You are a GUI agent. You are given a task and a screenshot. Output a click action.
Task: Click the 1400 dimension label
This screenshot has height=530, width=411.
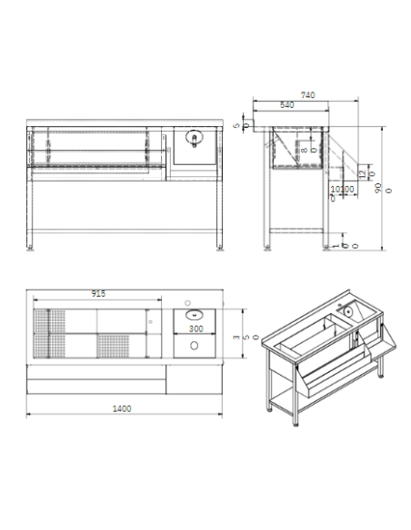click(122, 408)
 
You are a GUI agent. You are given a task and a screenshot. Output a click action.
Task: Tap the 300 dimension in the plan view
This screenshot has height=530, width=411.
click(195, 329)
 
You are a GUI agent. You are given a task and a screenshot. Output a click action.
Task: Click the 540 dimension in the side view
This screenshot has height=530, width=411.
click(286, 105)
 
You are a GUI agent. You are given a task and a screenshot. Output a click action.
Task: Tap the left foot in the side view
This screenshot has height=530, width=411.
click(265, 245)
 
